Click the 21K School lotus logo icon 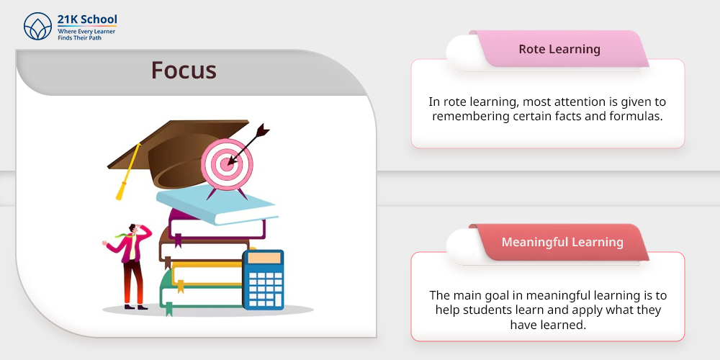[37, 26]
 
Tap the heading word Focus [184, 71]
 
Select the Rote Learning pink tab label [559, 49]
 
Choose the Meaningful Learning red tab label [562, 242]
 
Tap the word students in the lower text [485, 310]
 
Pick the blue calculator [263, 279]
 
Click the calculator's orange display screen [264, 258]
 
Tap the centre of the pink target [226, 163]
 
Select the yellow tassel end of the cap [121, 191]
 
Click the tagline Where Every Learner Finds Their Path [86, 35]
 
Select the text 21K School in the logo [87, 19]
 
